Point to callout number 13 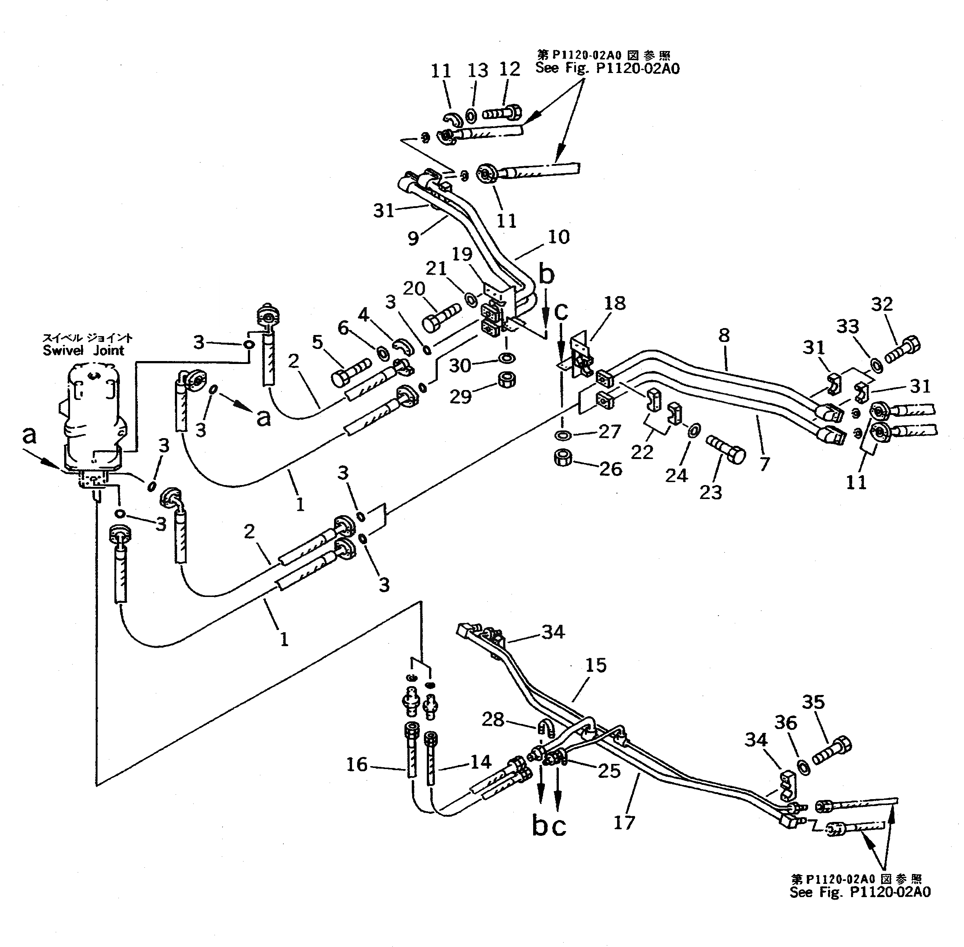tap(478, 70)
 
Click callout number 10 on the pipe tap(558, 237)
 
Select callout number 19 tap(462, 254)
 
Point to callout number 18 tap(615, 303)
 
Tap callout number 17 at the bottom tap(624, 822)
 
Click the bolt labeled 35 tap(831, 754)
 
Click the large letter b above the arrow tap(546, 275)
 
